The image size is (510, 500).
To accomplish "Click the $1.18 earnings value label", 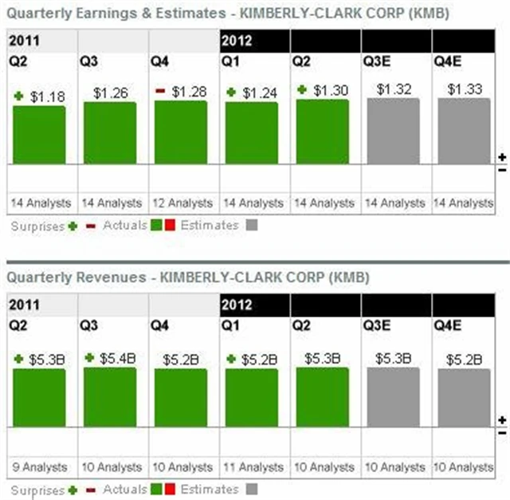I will (47, 96).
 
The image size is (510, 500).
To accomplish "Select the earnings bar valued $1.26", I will (110, 132).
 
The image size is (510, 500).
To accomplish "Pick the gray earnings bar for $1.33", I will (464, 131).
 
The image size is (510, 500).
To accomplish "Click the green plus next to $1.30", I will (301, 90).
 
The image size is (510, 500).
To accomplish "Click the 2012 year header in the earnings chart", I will (237, 39).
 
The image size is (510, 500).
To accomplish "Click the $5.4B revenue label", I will (116, 358).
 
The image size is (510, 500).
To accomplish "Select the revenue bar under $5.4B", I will (110, 396).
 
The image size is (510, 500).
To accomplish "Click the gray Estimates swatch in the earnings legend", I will (252, 226).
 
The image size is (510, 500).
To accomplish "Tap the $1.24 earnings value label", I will (260, 93).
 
